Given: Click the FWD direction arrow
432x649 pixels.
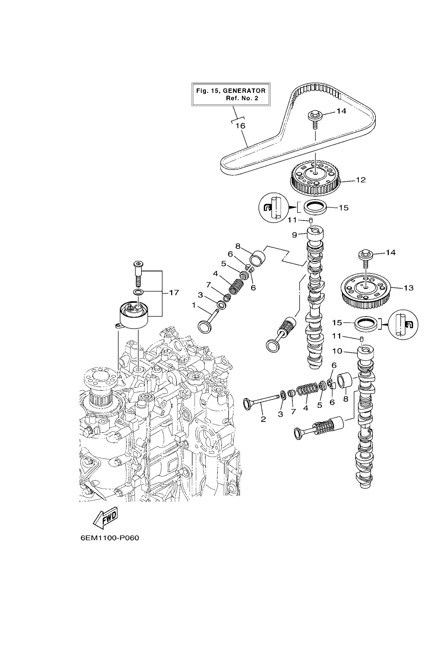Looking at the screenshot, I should coord(106,518).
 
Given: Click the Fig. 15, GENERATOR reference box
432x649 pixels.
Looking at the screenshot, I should coord(231,94).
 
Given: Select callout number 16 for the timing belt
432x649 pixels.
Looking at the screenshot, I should coord(240,126).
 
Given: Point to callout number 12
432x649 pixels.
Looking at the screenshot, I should coord(361,180).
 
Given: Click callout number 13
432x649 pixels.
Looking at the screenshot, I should coord(409,288).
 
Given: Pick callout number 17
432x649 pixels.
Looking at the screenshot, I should coord(174,292).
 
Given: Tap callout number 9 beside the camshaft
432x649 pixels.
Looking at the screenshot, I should coord(294,235).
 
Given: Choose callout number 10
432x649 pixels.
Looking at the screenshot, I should coord(337,351).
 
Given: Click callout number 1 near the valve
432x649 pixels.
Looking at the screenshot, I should coord(194,305).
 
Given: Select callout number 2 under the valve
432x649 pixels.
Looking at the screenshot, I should coord(263,419).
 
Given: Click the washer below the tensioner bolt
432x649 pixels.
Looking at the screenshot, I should coord(138,291).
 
